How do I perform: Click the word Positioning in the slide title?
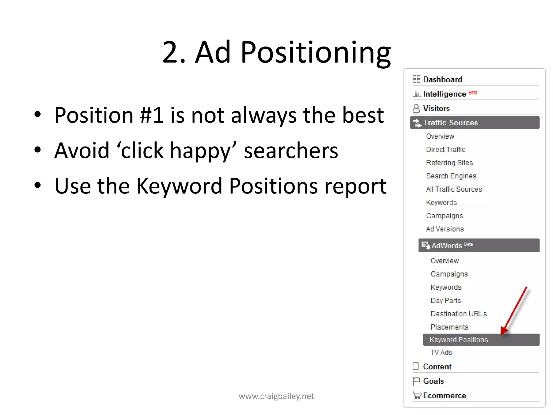point(315,53)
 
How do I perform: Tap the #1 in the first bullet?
point(151,115)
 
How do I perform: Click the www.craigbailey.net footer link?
point(276,396)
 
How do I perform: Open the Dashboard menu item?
point(442,79)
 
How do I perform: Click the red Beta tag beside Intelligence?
point(473,93)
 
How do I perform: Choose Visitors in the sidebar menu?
point(436,108)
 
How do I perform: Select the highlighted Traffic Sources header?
point(450,123)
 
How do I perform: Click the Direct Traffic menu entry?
point(446,149)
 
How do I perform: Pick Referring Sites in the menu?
point(449,163)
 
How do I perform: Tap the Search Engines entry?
point(451,176)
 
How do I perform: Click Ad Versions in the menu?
point(445,229)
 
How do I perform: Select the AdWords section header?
point(447,246)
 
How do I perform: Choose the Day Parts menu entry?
point(446,300)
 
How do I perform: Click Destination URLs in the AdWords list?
point(458,314)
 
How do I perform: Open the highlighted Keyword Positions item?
point(458,340)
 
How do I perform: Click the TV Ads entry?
point(441,352)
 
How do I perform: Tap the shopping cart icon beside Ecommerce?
point(417,396)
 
